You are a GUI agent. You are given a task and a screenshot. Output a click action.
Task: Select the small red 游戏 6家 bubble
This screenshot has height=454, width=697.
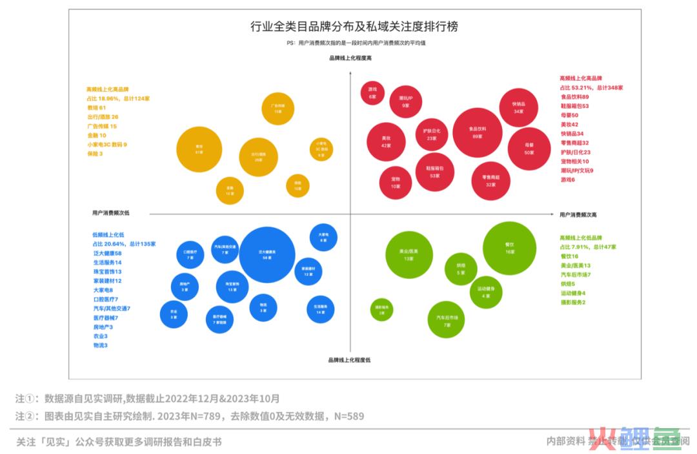point(372,92)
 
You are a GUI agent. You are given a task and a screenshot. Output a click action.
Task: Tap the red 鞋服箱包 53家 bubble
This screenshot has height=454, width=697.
point(433,171)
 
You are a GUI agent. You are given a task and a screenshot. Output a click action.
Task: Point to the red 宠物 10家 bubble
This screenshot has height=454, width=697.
point(396,182)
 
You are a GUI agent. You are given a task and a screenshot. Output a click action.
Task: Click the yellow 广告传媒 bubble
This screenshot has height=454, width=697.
point(278,108)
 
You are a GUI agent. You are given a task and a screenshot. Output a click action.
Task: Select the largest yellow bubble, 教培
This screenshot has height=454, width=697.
point(199,149)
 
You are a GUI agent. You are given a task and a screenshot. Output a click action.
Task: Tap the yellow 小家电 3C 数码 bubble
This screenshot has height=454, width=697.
point(321,149)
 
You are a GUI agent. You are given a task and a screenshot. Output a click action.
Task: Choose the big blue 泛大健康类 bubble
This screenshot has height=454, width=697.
point(267,254)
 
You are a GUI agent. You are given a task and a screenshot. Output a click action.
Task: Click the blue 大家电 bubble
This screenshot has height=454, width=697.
point(323,237)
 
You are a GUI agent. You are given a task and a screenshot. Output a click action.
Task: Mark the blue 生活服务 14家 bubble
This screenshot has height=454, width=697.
point(321,309)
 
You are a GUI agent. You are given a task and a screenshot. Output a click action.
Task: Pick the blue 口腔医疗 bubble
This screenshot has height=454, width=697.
point(190,254)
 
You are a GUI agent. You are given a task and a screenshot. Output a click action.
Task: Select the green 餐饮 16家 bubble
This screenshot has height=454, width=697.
point(510,248)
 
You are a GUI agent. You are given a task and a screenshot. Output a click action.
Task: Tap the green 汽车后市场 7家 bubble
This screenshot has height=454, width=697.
point(447,320)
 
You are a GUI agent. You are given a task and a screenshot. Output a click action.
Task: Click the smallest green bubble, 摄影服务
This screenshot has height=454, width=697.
point(381,310)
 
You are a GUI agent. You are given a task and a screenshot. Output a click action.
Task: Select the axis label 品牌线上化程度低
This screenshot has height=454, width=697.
point(349,360)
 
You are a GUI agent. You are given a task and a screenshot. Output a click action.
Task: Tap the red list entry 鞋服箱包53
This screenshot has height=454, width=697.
point(574,106)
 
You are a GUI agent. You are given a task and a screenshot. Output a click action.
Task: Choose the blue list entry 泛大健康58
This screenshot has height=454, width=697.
point(107,253)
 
